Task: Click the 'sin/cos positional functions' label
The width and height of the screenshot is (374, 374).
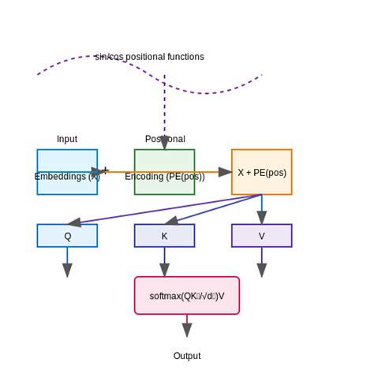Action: click(149, 57)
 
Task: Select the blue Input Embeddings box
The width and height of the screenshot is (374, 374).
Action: click(67, 171)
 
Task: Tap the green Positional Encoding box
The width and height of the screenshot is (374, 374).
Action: click(164, 171)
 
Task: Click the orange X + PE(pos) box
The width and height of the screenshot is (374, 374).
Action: click(261, 171)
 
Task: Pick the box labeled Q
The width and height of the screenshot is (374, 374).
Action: click(67, 235)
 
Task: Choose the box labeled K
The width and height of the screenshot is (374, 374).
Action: click(164, 235)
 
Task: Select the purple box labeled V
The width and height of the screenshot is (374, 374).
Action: click(261, 235)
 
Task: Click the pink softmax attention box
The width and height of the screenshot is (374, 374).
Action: click(187, 296)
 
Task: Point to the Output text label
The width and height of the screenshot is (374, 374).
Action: click(187, 356)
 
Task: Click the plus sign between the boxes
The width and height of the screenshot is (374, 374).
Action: click(105, 170)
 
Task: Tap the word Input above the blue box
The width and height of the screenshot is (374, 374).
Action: click(67, 139)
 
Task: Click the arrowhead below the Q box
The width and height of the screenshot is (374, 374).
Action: click(67, 270)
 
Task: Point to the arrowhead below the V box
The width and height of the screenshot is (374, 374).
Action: click(261, 270)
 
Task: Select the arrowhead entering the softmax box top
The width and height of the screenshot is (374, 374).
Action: click(164, 270)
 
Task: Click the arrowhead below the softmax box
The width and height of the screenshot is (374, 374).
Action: click(187, 330)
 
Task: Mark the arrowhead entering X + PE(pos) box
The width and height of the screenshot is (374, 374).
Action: click(225, 171)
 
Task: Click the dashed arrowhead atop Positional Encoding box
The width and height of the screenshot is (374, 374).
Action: click(164, 143)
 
